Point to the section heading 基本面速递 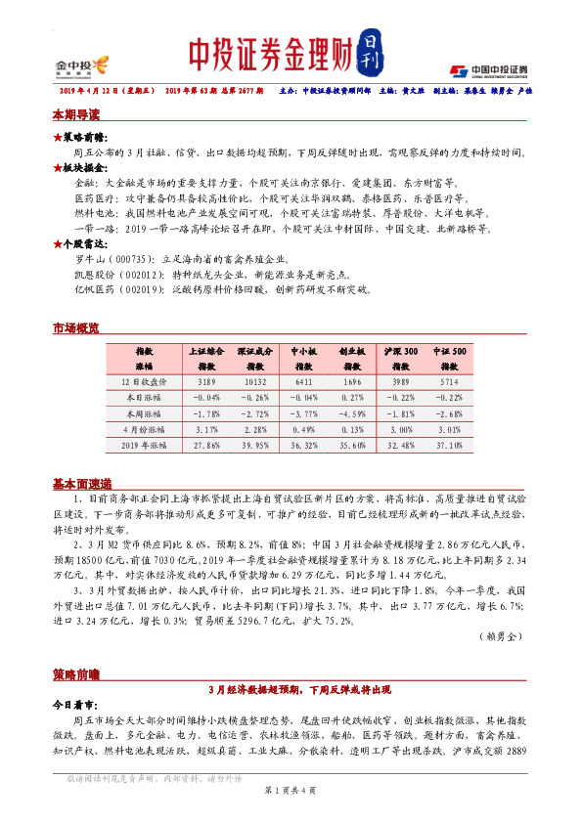point(81,483)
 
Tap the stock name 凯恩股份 point(92,275)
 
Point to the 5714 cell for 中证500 point(448,382)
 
